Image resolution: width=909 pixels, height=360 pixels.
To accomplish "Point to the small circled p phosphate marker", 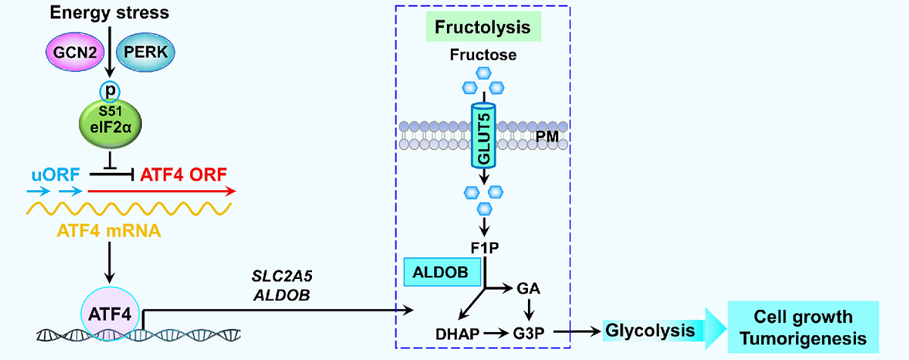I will coord(111,89).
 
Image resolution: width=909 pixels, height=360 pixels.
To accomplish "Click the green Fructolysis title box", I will coord(483,29).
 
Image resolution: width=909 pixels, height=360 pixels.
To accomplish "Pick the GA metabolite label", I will coord(528,289).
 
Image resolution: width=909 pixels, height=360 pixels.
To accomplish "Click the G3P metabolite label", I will coord(528,331).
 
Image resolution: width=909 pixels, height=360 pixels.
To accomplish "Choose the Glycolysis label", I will coord(650,330).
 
